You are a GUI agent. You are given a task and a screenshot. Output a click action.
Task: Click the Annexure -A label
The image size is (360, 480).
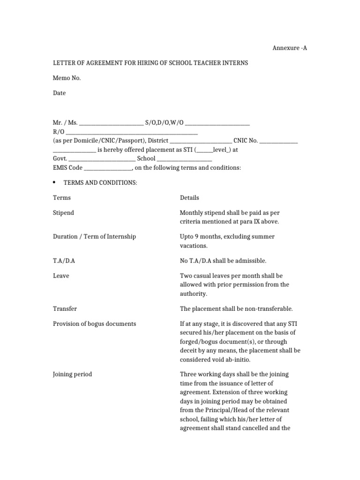(x=290, y=48)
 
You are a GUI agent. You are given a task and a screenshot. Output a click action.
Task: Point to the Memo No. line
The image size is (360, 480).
(x=67, y=78)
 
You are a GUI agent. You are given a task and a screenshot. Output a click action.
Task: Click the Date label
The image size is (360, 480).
(x=59, y=93)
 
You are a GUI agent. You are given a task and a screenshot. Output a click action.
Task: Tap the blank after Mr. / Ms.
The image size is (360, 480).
(x=112, y=124)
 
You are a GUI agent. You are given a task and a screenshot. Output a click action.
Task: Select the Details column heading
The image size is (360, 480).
(x=189, y=198)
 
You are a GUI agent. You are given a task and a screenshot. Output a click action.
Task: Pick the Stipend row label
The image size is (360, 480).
(x=63, y=213)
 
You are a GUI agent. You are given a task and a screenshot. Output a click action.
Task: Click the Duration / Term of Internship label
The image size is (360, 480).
(x=94, y=237)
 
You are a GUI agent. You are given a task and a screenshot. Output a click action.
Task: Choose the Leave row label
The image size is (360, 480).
(x=61, y=276)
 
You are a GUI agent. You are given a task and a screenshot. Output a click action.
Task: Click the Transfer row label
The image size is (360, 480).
(x=65, y=309)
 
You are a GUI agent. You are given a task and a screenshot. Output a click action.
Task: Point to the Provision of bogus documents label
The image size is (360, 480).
(x=94, y=324)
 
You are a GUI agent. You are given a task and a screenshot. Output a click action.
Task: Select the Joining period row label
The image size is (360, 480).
(x=72, y=374)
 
